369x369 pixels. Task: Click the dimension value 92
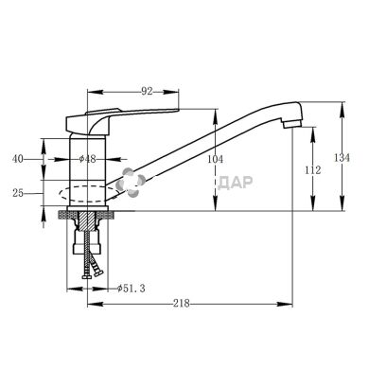click(147, 92)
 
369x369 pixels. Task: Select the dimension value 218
click(182, 304)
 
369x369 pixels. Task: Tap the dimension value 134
click(342, 158)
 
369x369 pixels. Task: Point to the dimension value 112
click(312, 170)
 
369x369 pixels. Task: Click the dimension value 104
click(215, 159)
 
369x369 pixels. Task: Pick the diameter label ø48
click(87, 159)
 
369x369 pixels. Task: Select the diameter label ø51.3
click(132, 288)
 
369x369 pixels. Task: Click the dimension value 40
click(18, 159)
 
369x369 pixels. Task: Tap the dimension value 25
click(18, 193)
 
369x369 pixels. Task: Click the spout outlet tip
click(292, 124)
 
